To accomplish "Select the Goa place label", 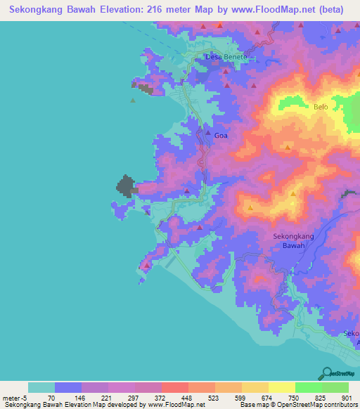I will pyautogui.click(x=221, y=135).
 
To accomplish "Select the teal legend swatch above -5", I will pyautogui.click(x=41, y=387).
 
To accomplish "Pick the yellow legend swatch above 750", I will pyautogui.click(x=282, y=387).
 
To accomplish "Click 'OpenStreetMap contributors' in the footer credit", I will pyautogui.click(x=315, y=405).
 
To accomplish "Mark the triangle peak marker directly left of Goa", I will pyautogui.click(x=207, y=132).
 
